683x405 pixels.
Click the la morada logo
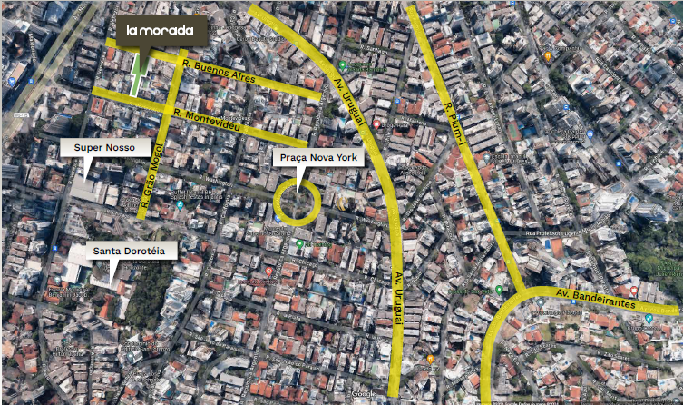pos(160,30)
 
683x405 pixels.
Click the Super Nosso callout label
pos(104,146)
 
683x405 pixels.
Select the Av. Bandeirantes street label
pos(600,299)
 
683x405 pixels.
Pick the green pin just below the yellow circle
pos(300,243)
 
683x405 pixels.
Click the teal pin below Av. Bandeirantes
pos(649,320)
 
